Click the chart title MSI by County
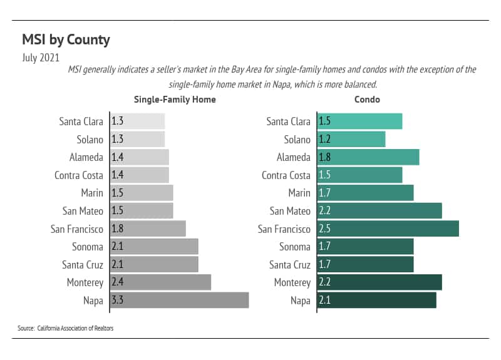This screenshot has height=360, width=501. pos(66,40)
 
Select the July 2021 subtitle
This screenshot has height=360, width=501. pos(41,58)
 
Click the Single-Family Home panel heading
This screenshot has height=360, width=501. pos(175,100)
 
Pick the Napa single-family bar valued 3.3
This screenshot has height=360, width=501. pos(180,301)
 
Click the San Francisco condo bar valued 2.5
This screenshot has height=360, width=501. pos(388,229)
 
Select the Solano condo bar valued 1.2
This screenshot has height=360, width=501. pos(351,139)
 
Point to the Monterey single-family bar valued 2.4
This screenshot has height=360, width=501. pos(161,282)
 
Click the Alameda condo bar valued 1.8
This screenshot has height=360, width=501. pos(368,157)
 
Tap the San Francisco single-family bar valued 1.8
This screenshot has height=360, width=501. pos(148,229)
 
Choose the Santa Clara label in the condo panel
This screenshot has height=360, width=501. pos(288,121)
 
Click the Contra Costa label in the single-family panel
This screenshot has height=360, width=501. pos(78,175)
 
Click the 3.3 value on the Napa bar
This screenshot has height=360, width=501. pos(117,301)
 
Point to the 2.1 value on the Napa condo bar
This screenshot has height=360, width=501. pos(324,301)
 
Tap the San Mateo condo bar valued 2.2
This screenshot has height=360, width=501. pos(380,211)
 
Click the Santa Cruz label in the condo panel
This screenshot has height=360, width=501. pos(289,265)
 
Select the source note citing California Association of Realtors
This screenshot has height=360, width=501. pos(66,328)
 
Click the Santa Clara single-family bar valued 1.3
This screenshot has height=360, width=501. pos(138,121)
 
